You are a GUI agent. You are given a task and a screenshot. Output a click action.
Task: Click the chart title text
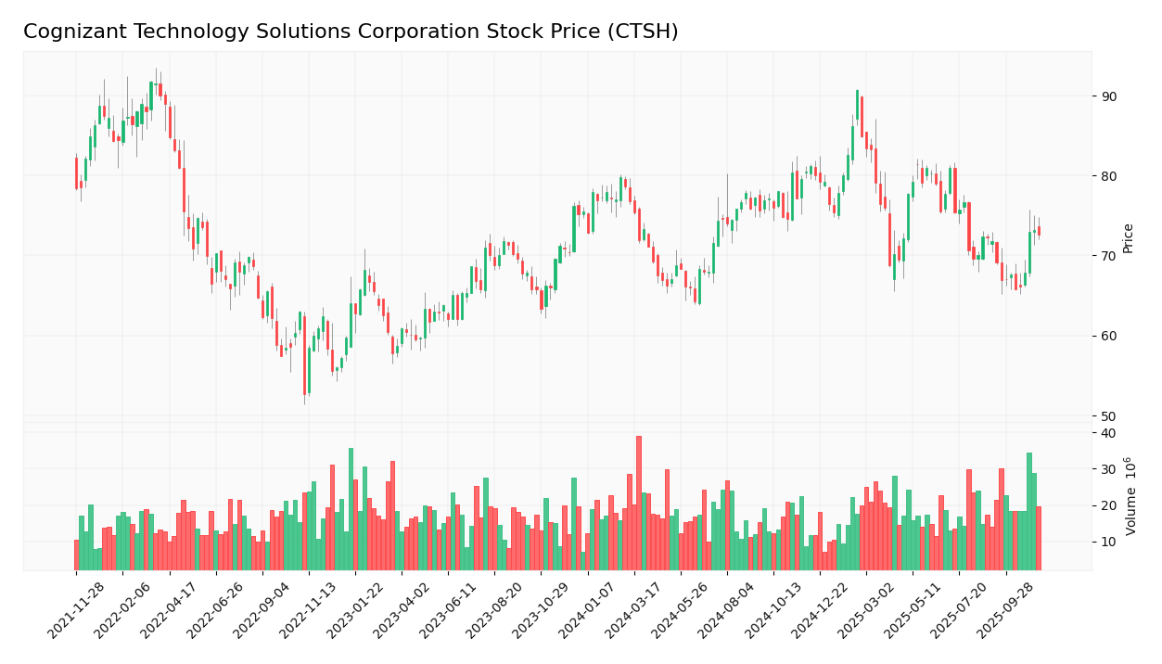351,32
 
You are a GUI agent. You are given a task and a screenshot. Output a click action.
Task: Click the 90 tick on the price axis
1109,96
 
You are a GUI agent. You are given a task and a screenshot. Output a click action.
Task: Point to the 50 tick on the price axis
1109,415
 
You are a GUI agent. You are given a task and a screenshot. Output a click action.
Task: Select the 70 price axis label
1109,256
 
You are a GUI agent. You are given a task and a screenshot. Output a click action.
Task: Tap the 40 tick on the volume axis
1108,433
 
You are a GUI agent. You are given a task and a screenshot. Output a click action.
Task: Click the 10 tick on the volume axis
1108,542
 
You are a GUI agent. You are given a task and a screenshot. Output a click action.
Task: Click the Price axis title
1129,238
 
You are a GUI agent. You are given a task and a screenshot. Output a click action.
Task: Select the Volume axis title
1130,496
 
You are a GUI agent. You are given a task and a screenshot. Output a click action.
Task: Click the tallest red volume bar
639,503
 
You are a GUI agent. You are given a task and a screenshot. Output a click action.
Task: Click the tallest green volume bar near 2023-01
351,508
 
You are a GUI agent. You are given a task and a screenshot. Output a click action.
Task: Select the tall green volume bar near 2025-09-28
1029,511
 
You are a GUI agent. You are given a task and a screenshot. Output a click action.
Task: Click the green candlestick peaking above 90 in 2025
857,111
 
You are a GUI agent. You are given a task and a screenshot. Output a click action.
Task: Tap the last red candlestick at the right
1039,231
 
